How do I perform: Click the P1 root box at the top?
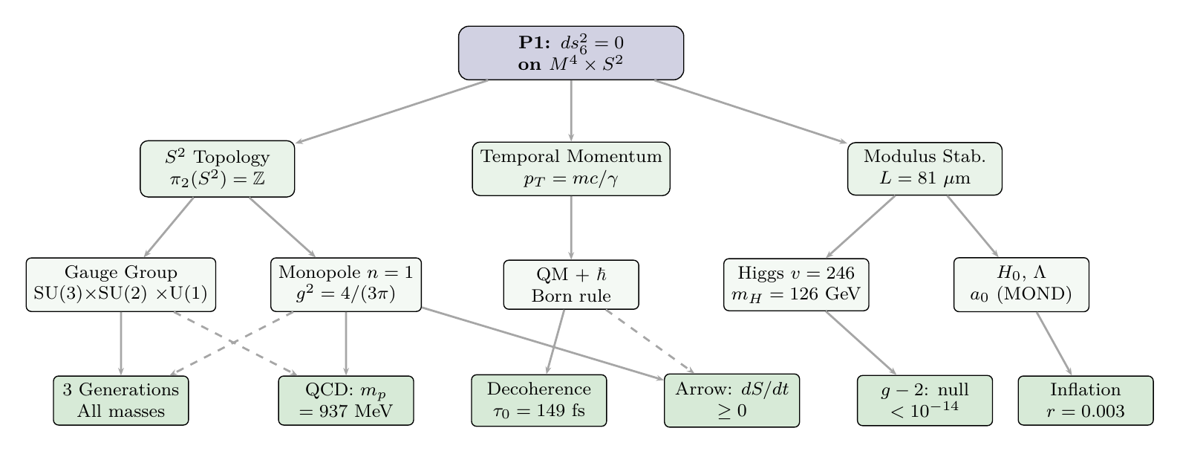[570, 53]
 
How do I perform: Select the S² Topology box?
[217, 169]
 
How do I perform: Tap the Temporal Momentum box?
[570, 169]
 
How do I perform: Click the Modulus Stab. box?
[925, 169]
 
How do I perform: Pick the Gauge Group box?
[121, 284]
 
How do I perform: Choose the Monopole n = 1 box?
[346, 284]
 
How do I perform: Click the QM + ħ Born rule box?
[570, 284]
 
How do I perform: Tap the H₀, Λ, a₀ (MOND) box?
[1020, 284]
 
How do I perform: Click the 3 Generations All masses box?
[121, 401]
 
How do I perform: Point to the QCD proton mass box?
[346, 401]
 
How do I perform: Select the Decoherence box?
[539, 401]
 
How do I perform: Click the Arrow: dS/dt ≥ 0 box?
[731, 401]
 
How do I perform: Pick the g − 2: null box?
[925, 401]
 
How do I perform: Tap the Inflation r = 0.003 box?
[1086, 401]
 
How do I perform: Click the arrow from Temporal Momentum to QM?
[570, 227]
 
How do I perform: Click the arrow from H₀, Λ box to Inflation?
[1054, 343]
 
